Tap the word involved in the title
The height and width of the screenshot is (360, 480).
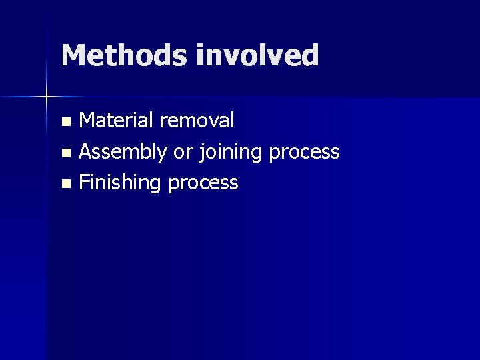(x=257, y=55)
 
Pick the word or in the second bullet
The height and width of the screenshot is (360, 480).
(x=183, y=153)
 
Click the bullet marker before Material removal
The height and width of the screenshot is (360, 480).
(x=65, y=121)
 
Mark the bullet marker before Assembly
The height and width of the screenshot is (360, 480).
(x=65, y=153)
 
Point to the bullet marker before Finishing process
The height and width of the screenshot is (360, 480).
(x=65, y=184)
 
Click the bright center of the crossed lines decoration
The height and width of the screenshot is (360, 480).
(x=47, y=97)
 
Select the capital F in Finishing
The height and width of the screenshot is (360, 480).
(x=84, y=182)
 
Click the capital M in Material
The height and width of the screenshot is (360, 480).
(x=88, y=120)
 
